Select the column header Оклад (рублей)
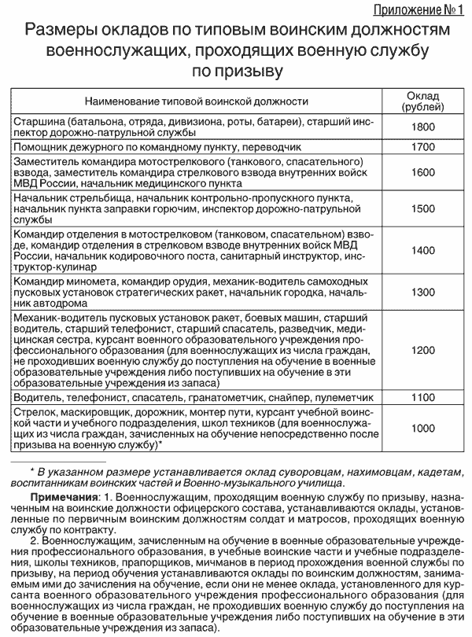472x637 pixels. [x=423, y=101]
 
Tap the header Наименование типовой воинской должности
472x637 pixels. [x=196, y=101]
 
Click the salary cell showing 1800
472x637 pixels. [x=423, y=127]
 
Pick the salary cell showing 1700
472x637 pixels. [x=423, y=146]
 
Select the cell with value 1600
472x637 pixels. [x=423, y=172]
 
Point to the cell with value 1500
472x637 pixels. [x=423, y=208]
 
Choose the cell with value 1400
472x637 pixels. [x=423, y=250]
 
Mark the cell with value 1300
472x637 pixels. [x=423, y=292]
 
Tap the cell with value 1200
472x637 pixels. [x=423, y=349]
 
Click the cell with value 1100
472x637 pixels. [x=423, y=398]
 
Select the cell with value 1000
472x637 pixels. [x=423, y=428]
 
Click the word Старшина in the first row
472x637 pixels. [x=39, y=122]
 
